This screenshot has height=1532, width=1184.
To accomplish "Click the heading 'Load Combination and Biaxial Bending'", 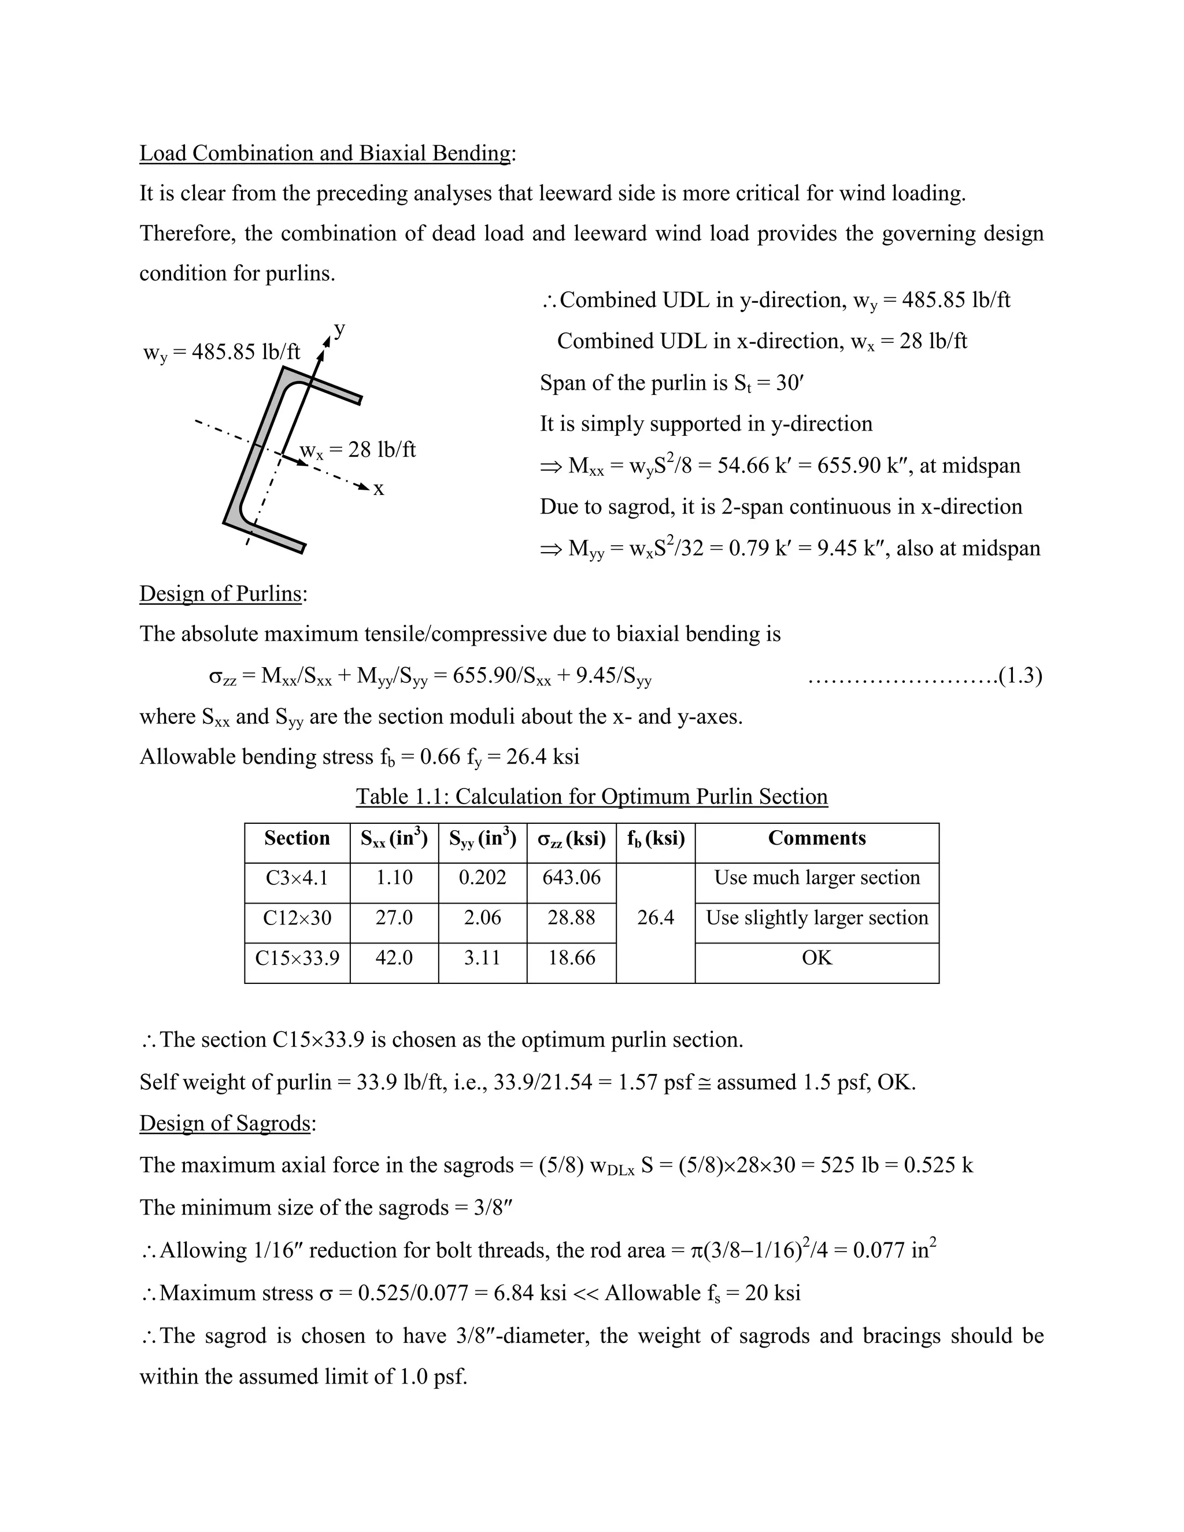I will [x=325, y=153].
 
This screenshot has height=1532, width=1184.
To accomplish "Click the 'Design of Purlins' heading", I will [x=220, y=594].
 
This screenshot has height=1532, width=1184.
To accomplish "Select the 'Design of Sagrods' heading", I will [x=224, y=1123].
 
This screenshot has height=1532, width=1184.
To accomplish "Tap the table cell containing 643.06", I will [x=571, y=878].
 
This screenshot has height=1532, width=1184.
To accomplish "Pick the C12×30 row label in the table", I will [x=297, y=917].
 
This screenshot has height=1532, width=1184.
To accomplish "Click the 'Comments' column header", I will [x=816, y=838].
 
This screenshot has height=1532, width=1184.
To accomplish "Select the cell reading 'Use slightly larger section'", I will [x=816, y=917].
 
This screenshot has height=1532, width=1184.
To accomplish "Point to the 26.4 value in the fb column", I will [x=655, y=917].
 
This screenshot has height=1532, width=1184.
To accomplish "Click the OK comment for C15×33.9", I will [x=816, y=957].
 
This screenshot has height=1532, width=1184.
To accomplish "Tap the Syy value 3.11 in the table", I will [x=482, y=957].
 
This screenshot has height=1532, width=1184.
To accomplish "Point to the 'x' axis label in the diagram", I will [x=379, y=489].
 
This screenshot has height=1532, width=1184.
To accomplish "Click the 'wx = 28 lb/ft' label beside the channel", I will [x=358, y=450].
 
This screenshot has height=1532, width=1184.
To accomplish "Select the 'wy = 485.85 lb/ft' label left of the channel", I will [x=221, y=352].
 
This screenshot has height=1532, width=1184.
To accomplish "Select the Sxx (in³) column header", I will [x=394, y=838].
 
